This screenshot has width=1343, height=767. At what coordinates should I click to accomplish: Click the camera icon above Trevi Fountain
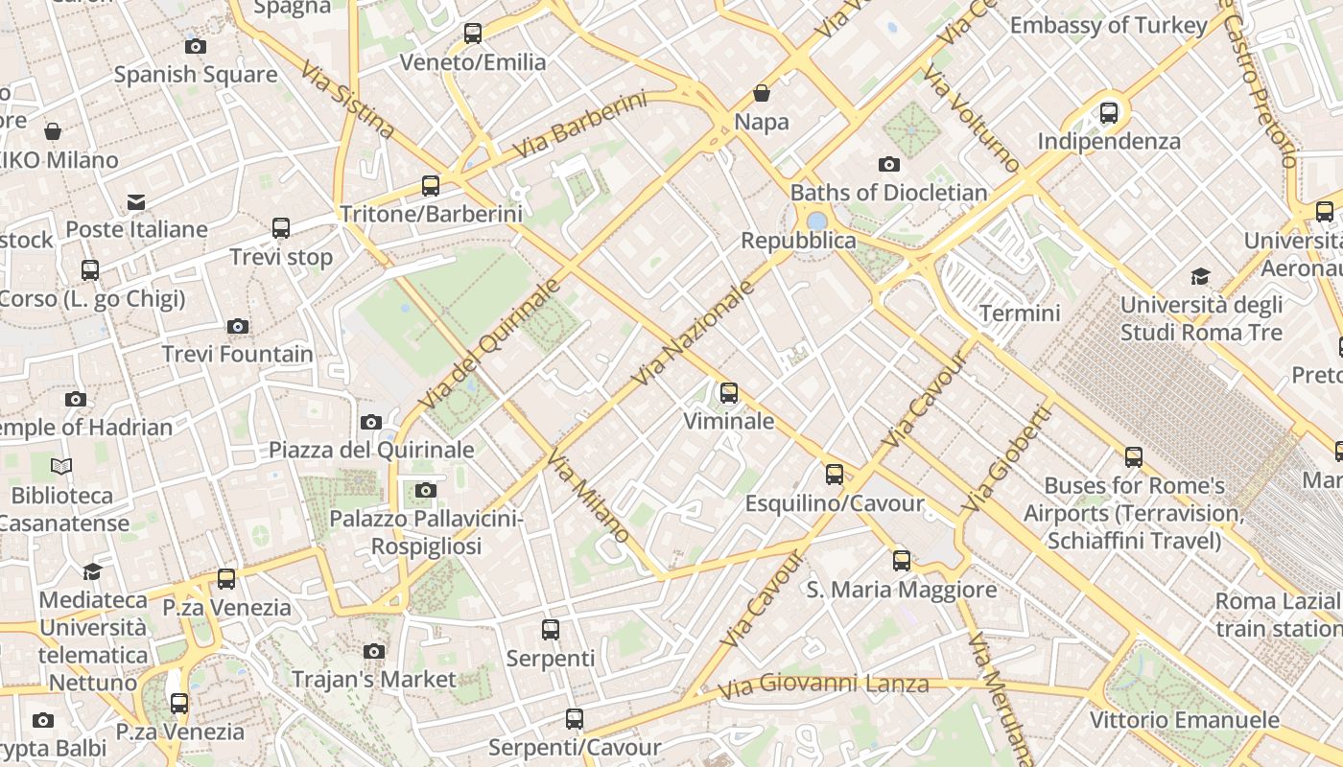click(x=238, y=327)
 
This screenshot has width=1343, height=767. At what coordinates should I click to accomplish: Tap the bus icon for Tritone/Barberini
click(x=431, y=186)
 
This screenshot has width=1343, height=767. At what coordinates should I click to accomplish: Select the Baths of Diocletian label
click(x=888, y=193)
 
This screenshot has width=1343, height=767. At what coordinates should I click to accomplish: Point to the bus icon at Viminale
click(x=729, y=393)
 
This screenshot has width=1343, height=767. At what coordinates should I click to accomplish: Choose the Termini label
click(x=1020, y=314)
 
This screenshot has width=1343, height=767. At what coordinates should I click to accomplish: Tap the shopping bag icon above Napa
click(x=762, y=94)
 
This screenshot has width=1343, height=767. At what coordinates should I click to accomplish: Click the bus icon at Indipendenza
click(x=1109, y=113)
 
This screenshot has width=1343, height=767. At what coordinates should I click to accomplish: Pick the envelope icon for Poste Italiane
click(x=136, y=202)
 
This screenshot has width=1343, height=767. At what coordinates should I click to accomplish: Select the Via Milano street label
click(x=588, y=495)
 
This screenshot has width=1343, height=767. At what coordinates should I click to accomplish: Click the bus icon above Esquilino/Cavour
click(x=835, y=475)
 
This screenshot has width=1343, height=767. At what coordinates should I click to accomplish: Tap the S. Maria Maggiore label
click(x=902, y=590)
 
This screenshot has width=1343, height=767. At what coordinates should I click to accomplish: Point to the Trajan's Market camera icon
click(x=374, y=652)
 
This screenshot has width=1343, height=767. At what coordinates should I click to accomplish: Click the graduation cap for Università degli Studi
click(x=1200, y=277)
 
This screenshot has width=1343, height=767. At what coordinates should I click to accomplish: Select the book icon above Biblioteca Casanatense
click(x=61, y=467)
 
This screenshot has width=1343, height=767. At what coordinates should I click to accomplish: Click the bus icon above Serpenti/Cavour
click(x=575, y=719)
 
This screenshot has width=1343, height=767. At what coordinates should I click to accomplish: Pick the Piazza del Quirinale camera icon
click(x=371, y=422)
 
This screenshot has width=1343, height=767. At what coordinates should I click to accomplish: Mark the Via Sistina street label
click(x=347, y=100)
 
